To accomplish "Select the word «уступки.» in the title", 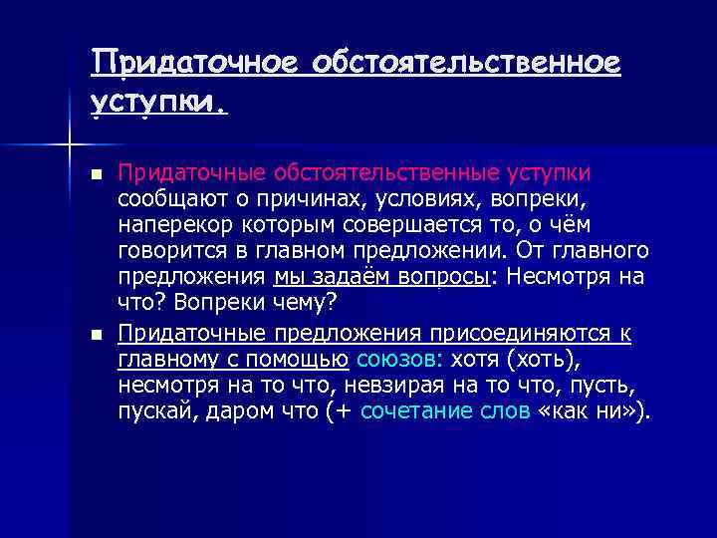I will (x=158, y=100).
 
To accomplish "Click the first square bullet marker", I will (x=96, y=175).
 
